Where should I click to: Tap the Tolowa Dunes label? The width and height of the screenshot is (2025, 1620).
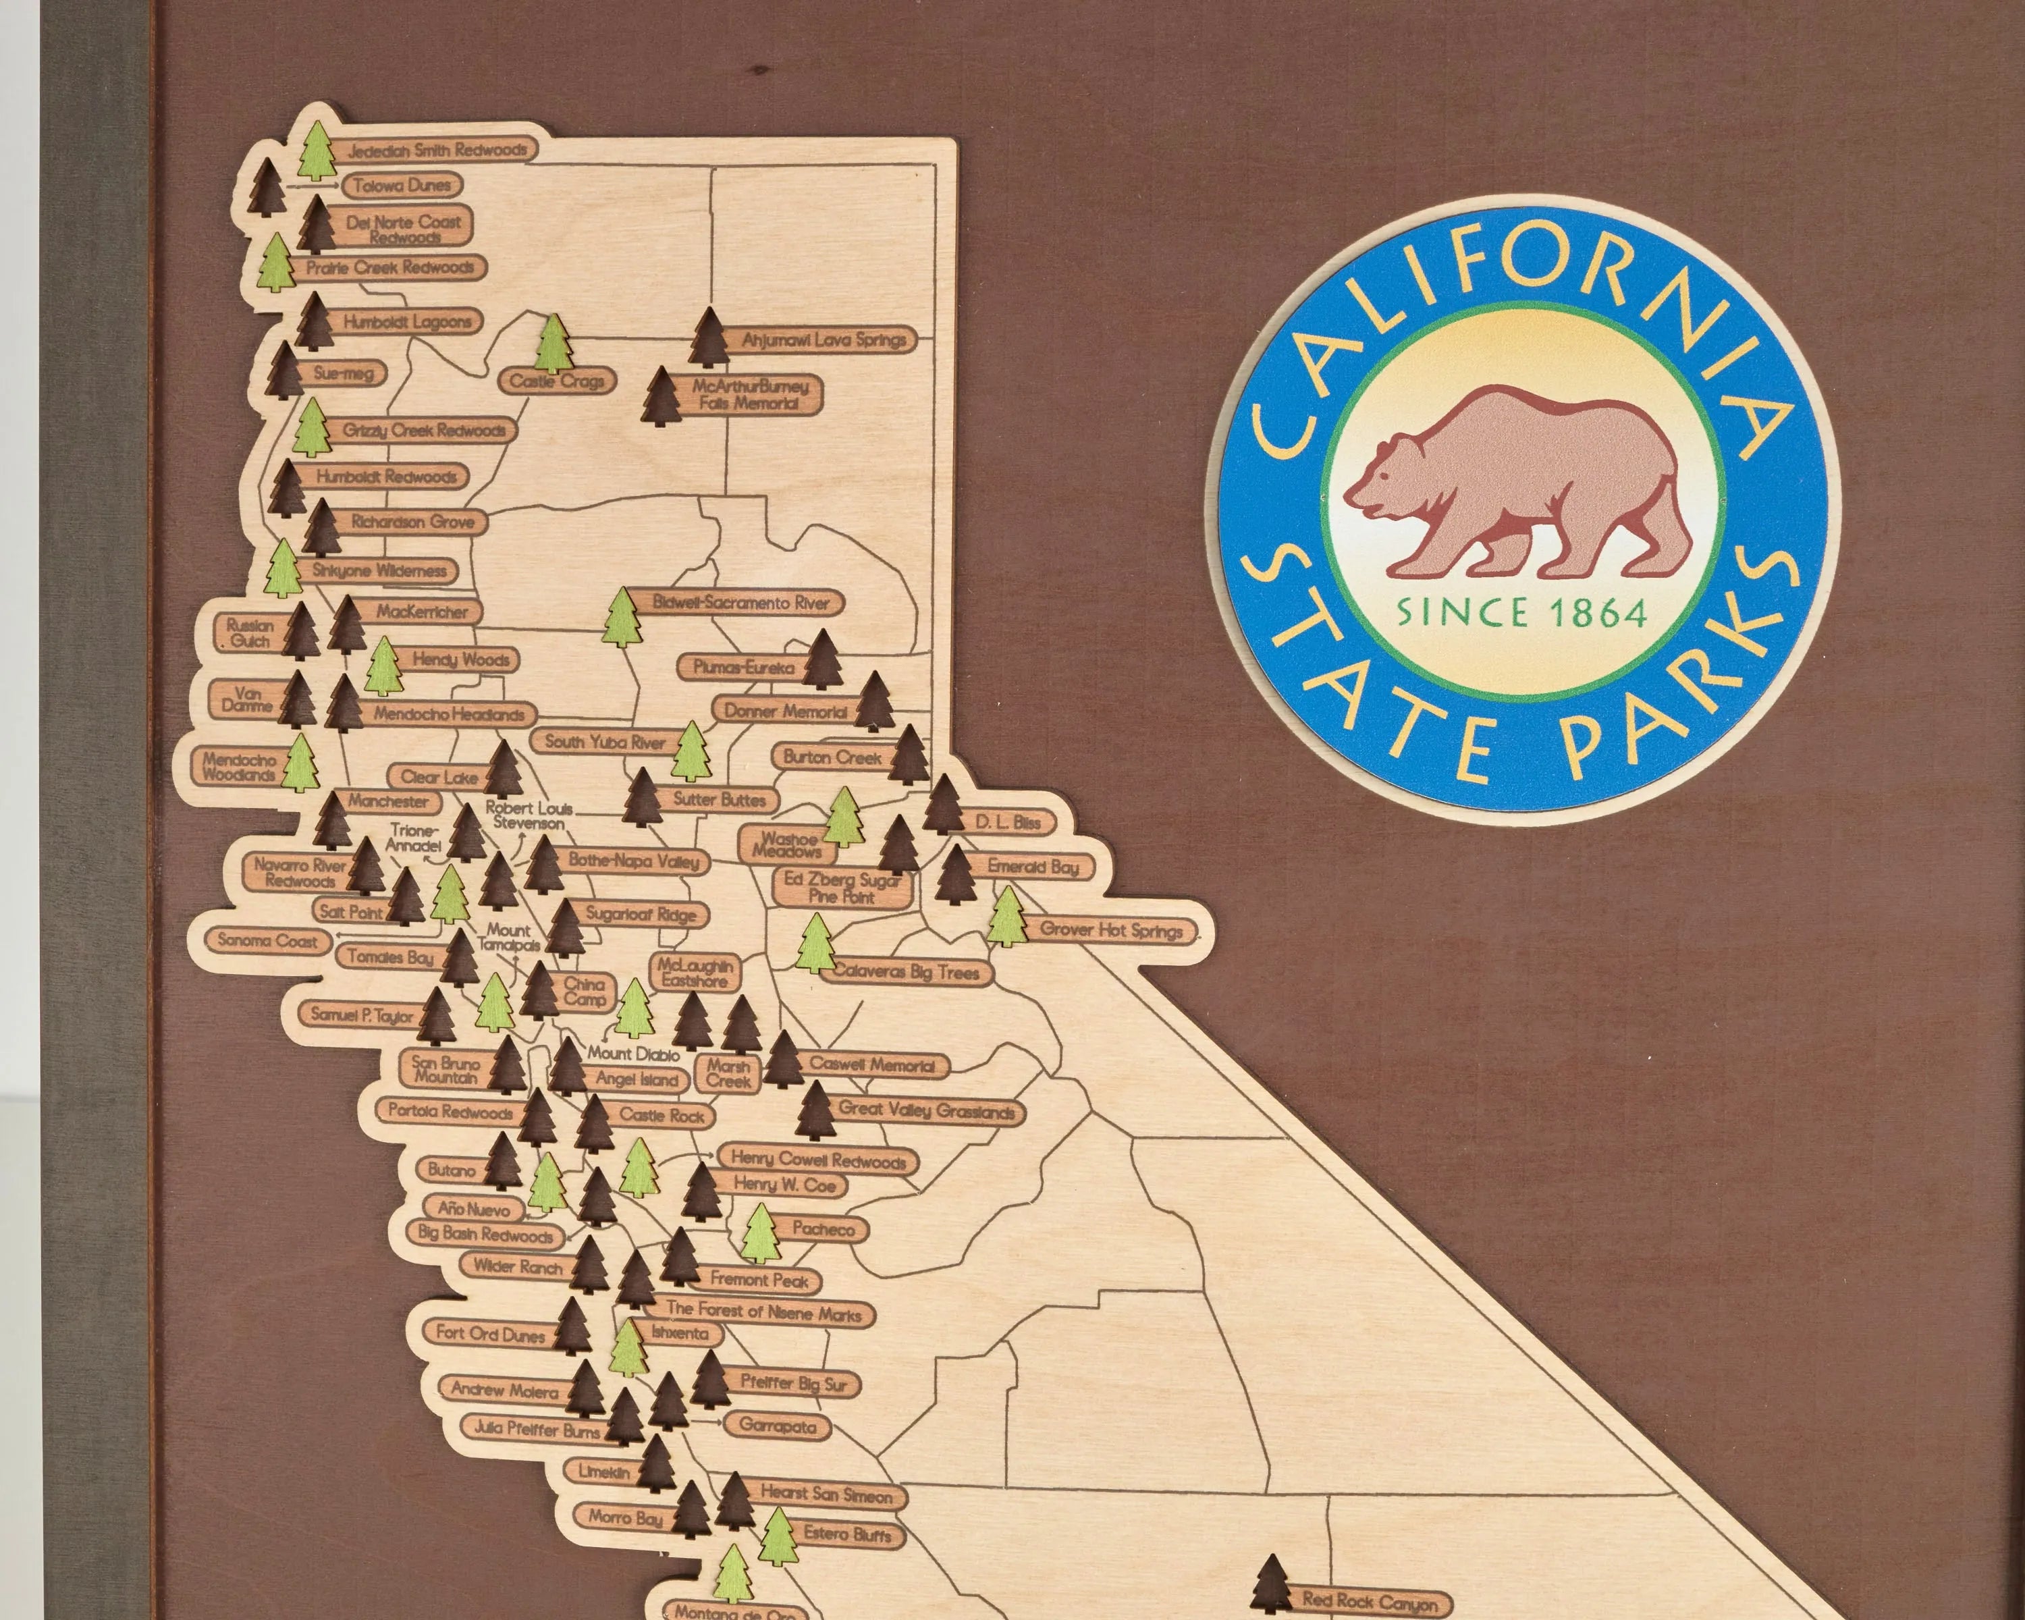pos(402,186)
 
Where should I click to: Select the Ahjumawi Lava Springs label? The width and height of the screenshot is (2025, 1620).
pos(823,340)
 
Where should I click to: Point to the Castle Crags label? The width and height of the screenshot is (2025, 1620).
pos(557,381)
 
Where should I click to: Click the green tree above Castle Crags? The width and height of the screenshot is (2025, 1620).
pos(554,343)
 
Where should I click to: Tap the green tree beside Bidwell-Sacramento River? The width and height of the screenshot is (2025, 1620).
pos(621,617)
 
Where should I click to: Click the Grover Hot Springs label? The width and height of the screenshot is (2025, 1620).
pos(1110,931)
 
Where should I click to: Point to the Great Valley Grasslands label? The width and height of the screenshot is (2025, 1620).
pos(926,1111)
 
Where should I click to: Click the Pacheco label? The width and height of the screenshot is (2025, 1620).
pos(823,1228)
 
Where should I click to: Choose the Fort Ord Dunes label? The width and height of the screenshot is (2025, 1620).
pos(489,1334)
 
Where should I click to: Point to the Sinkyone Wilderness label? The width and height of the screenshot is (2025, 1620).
pos(379,571)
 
